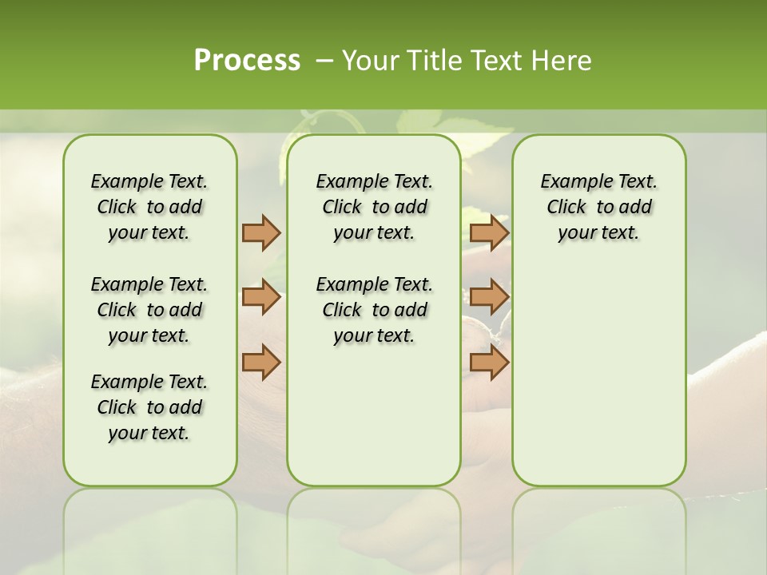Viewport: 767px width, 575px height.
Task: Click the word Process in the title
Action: tap(247, 61)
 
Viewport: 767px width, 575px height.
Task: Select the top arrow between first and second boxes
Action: tap(261, 232)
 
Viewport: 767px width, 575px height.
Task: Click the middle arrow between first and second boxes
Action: tap(261, 298)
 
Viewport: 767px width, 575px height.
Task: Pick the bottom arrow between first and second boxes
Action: tap(261, 363)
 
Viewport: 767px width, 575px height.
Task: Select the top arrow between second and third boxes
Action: tap(489, 232)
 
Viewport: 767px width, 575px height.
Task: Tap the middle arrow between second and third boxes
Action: tap(489, 298)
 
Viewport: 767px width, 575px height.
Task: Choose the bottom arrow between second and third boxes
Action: tap(489, 363)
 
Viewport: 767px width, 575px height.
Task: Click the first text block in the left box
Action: tap(149, 207)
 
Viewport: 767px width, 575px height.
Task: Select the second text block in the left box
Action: tap(149, 310)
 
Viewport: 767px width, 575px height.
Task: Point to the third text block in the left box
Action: tap(149, 407)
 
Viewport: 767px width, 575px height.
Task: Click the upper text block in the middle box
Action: tap(374, 207)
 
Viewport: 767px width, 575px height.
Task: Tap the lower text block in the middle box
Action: tap(374, 310)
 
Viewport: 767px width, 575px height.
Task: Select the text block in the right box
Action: tap(598, 207)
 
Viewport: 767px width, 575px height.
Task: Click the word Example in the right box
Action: tap(570, 182)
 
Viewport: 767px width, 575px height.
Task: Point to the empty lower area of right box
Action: tap(598, 375)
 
